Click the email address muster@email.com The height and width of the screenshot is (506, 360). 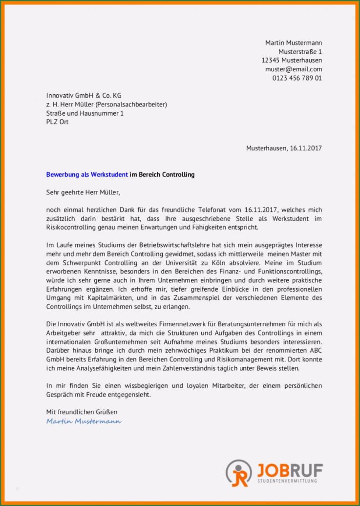(293, 69)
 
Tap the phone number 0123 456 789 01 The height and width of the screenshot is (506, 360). (297, 78)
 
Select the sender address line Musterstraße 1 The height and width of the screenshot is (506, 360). (300, 52)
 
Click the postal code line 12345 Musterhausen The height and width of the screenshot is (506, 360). (292, 61)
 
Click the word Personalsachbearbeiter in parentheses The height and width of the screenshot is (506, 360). (131, 104)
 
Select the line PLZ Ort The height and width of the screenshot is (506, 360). (57, 122)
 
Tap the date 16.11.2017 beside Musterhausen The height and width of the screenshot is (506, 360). (306, 148)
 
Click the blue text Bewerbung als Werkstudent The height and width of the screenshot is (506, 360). (87, 174)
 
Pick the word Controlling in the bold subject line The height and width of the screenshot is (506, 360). (177, 174)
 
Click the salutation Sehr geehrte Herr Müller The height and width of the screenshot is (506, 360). (83, 192)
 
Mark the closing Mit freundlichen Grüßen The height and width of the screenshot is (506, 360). (82, 412)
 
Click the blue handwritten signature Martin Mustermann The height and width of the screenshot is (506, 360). (84, 421)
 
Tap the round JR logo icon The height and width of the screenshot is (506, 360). (239, 473)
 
